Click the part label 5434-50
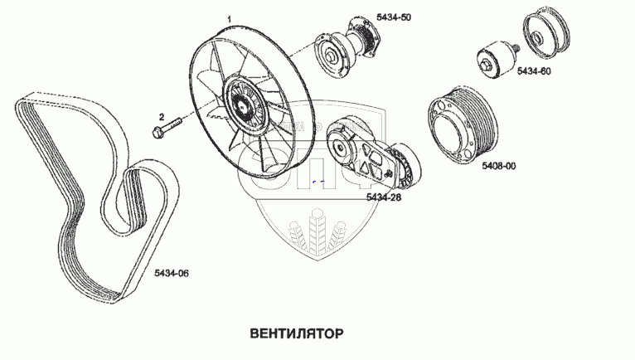click(x=393, y=17)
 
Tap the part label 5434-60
click(x=534, y=71)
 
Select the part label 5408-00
click(x=498, y=166)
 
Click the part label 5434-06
click(x=172, y=272)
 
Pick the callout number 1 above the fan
click(x=228, y=17)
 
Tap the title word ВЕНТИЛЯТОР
click(x=296, y=333)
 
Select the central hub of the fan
click(x=242, y=106)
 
